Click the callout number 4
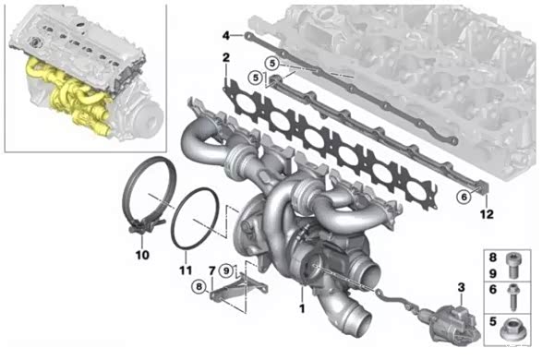pyautogui.click(x=226, y=35)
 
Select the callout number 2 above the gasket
pyautogui.click(x=226, y=57)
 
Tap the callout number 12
pyautogui.click(x=487, y=214)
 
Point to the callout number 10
pyautogui.click(x=142, y=255)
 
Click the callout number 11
pyautogui.click(x=186, y=270)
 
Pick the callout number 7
pyautogui.click(x=212, y=271)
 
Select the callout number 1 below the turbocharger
pyautogui.click(x=302, y=308)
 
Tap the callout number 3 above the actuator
pyautogui.click(x=462, y=287)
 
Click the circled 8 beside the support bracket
pyautogui.click(x=199, y=286)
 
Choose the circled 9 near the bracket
pyautogui.click(x=226, y=271)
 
